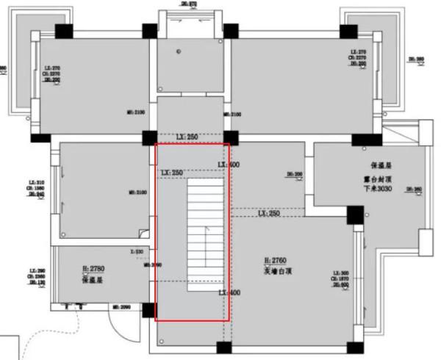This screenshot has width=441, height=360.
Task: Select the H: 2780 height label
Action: coord(96,270)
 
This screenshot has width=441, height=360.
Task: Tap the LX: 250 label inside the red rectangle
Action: coord(172,173)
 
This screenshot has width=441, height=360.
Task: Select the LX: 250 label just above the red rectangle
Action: coord(187,137)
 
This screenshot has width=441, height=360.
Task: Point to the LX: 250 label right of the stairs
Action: coord(268,214)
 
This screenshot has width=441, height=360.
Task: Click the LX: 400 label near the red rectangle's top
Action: coord(229,165)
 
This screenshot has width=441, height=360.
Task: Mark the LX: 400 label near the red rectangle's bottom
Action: coord(229,292)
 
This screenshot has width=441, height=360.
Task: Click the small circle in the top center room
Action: coord(179,51)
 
